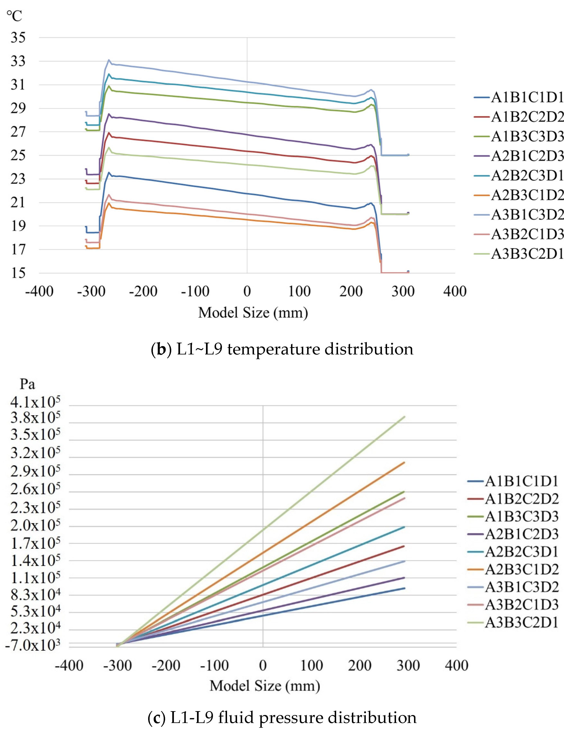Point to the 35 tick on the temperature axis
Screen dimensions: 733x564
click(18, 38)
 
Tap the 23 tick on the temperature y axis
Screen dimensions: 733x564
click(18, 179)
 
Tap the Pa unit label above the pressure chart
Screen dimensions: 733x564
click(27, 384)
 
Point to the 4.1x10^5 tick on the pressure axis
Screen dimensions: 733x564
click(35, 402)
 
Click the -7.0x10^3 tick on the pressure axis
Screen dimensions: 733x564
click(33, 645)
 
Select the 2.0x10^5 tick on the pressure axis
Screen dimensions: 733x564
click(35, 525)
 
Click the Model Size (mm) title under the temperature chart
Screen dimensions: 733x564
click(253, 313)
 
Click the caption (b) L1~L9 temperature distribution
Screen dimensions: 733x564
click(282, 349)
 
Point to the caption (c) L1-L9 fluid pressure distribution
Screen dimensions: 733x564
click(282, 717)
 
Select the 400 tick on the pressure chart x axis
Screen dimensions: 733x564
click(456, 665)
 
